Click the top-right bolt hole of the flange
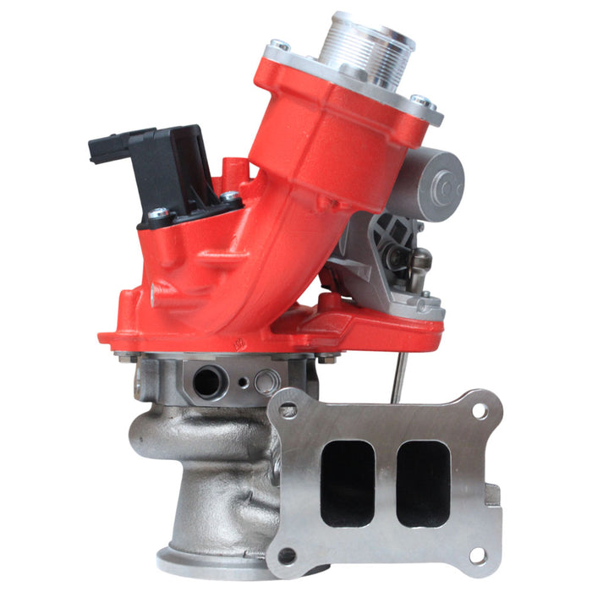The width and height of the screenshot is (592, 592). [x=480, y=412]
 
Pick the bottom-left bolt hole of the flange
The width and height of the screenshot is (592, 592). [x=288, y=556]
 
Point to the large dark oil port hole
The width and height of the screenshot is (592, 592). [x=206, y=383]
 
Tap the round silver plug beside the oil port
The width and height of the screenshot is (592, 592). [x=266, y=382]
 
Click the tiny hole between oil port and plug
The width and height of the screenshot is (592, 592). [x=243, y=382]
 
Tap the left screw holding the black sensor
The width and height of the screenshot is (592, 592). [x=157, y=214]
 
